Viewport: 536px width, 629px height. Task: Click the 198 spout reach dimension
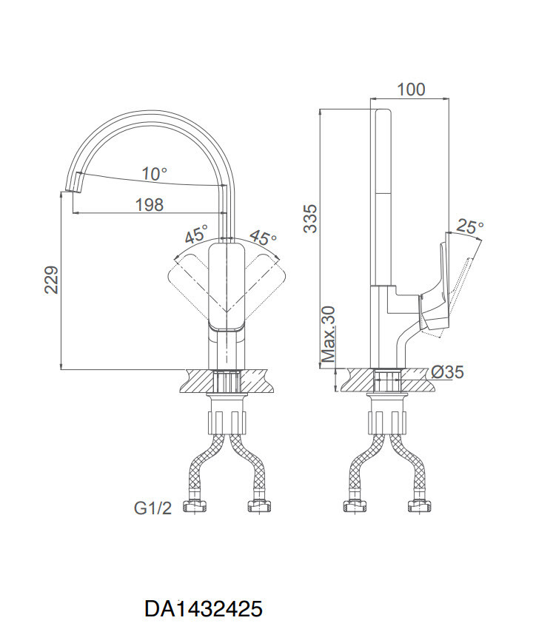[150, 205]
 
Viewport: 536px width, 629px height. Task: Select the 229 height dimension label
[52, 280]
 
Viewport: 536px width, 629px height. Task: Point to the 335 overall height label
[310, 218]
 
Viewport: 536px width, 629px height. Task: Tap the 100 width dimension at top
[411, 90]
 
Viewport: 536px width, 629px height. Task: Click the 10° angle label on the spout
[154, 174]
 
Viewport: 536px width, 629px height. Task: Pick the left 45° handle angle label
[197, 233]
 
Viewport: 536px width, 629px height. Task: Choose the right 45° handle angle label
[262, 238]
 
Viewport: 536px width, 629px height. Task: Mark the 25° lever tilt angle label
[470, 227]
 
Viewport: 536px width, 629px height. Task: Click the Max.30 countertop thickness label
[328, 334]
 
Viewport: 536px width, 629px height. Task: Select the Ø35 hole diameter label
[447, 372]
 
